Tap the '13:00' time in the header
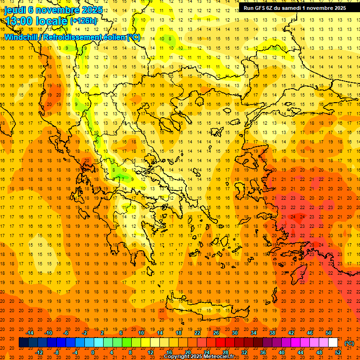20,21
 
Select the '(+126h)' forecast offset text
83,21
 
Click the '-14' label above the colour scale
30,333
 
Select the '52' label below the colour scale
337,352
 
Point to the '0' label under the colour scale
93,352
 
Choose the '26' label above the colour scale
216,333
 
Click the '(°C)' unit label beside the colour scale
349,343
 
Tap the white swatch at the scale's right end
333,343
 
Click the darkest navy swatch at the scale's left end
23,343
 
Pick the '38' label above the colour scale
272,333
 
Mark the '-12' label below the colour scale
39,352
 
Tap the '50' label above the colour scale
328,333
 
